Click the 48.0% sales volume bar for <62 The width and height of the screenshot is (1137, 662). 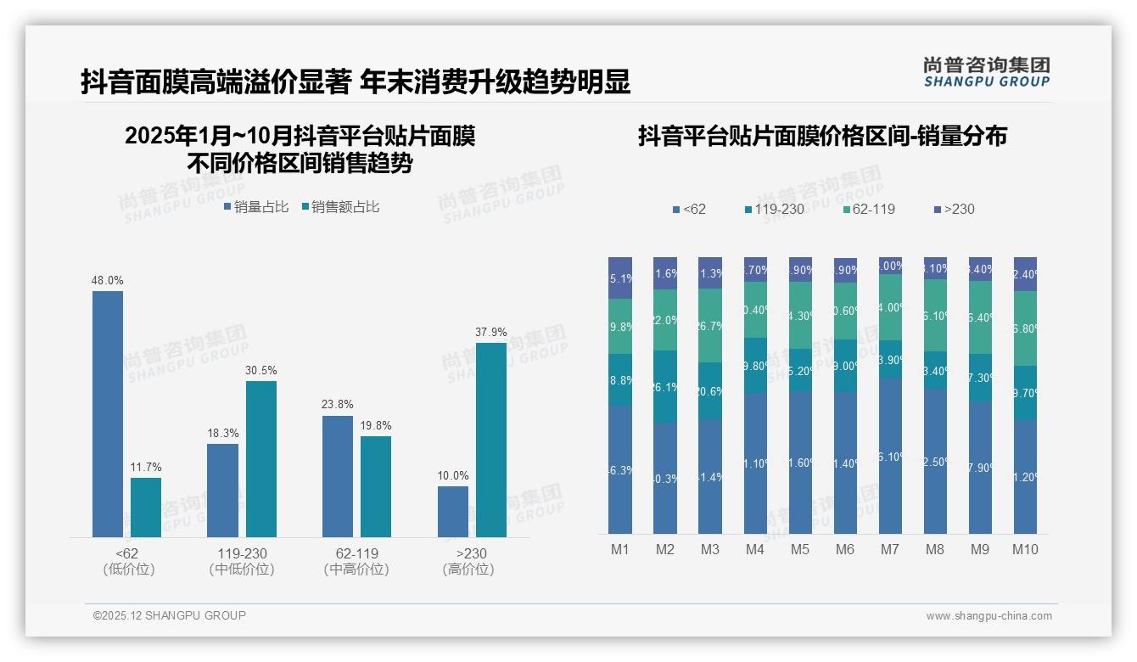(108, 414)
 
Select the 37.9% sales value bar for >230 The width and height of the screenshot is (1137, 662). (491, 440)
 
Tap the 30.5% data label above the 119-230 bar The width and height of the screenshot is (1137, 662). (261, 371)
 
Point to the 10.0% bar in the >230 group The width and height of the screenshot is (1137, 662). (453, 511)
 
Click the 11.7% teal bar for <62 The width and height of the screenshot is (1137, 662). (146, 507)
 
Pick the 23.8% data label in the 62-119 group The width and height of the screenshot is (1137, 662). (338, 405)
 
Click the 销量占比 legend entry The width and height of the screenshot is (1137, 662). (256, 207)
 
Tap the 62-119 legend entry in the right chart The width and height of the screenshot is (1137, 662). (870, 209)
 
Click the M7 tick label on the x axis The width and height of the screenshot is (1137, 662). (889, 550)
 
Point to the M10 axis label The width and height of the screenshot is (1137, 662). (1025, 550)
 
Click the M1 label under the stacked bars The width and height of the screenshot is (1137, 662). (620, 550)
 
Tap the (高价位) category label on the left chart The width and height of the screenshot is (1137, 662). (468, 569)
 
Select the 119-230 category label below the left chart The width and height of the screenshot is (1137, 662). (242, 553)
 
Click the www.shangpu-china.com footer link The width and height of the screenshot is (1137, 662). (989, 616)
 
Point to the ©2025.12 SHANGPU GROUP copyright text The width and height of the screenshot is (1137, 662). (170, 616)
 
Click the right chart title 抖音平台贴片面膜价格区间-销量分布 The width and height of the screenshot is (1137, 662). (822, 137)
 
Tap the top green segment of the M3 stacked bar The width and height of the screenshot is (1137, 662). (710, 326)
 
